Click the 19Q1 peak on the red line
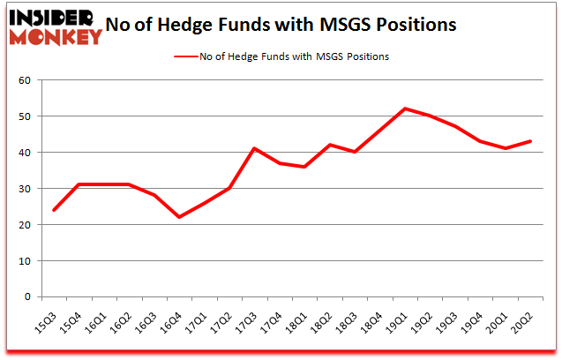coord(405,109)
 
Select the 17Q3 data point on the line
coord(254,148)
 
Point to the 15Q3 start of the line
coord(53,210)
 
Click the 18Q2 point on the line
coord(330,145)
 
